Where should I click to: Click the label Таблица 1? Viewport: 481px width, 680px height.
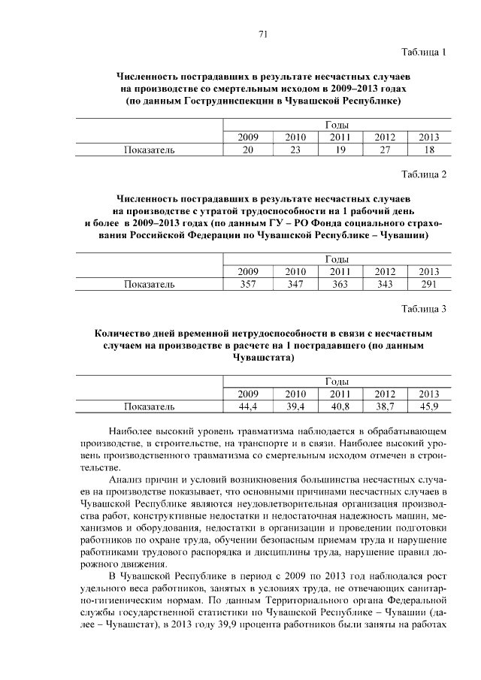424,53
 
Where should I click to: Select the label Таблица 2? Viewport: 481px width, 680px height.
424,174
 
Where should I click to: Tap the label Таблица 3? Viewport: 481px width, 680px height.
424,308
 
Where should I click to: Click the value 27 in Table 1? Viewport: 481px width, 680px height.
385,150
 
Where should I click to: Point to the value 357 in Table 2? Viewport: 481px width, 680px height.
248,284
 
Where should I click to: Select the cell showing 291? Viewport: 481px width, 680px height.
428,284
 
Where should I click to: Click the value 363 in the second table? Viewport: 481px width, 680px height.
340,284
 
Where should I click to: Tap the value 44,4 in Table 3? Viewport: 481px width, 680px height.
248,406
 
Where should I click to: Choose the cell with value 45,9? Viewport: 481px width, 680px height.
428,406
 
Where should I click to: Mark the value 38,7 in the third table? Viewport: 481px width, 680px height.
385,406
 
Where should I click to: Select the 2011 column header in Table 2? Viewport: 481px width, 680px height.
340,271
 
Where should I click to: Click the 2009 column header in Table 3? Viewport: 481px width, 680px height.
248,394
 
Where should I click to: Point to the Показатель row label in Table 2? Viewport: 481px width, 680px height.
150,284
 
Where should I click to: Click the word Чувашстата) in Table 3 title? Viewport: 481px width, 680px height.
263,358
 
